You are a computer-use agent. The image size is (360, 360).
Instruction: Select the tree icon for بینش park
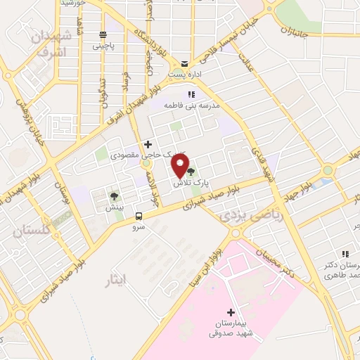(x=114, y=195)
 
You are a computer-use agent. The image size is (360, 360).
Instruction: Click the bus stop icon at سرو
(x=139, y=216)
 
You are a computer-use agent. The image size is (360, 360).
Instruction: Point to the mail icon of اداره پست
(x=184, y=63)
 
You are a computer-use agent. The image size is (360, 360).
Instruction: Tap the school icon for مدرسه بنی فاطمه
(x=191, y=94)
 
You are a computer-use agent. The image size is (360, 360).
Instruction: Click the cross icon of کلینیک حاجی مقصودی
(x=147, y=143)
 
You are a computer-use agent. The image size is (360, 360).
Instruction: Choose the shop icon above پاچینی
(x=103, y=34)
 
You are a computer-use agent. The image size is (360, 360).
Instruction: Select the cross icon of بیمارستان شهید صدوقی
(x=231, y=311)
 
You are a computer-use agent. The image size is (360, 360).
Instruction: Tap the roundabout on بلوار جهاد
(x=327, y=171)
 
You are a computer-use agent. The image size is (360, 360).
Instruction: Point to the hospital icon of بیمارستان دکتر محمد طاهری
(x=345, y=254)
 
